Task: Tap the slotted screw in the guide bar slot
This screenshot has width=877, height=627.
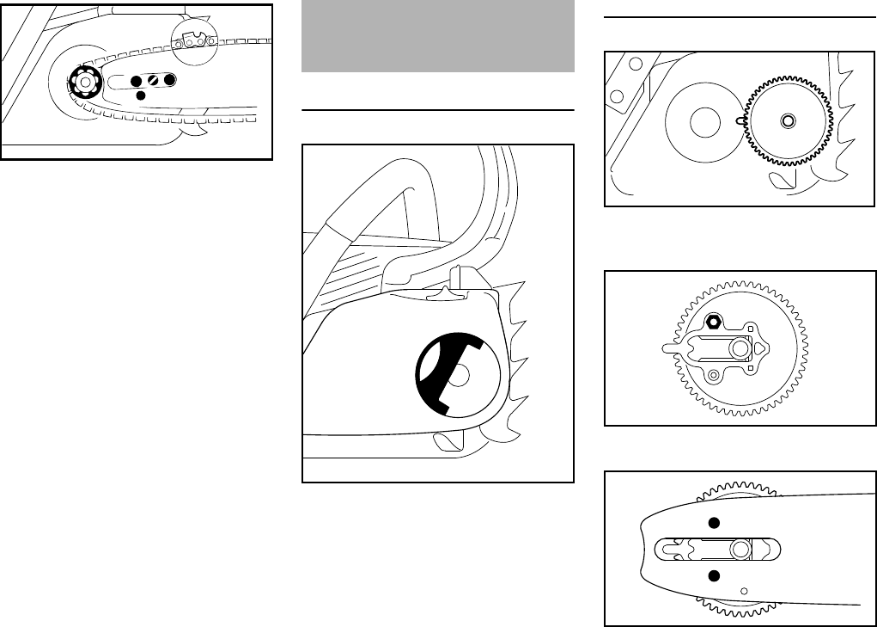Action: coord(153,80)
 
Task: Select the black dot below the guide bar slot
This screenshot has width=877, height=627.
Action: coord(142,95)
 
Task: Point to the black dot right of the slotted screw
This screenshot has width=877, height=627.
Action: coord(170,79)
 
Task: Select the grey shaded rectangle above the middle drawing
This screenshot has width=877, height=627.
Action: coord(438,36)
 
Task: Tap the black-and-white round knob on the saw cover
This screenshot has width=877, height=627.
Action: coord(456,374)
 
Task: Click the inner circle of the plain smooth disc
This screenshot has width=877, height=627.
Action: coord(703,121)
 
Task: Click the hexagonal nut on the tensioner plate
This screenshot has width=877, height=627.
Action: coord(712,323)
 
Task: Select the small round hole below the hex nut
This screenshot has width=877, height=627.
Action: coord(712,374)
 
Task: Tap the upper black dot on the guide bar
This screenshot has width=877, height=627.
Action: coord(712,523)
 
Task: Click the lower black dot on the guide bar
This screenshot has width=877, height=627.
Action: coord(712,574)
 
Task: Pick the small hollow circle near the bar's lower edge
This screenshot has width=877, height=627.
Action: coord(745,590)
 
